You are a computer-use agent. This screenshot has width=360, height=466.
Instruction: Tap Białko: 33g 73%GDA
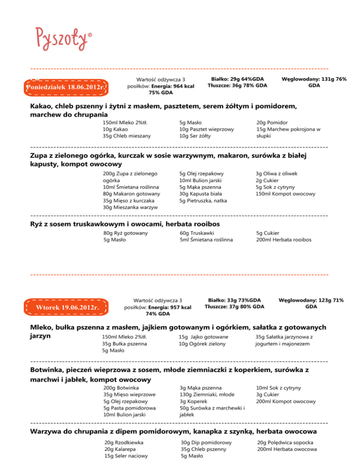click(234, 300)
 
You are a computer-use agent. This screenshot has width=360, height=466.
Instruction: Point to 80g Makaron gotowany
click(131, 194)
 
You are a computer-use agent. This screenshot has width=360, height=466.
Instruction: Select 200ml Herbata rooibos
click(284, 240)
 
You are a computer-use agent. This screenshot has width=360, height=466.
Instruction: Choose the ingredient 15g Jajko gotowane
click(203, 337)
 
